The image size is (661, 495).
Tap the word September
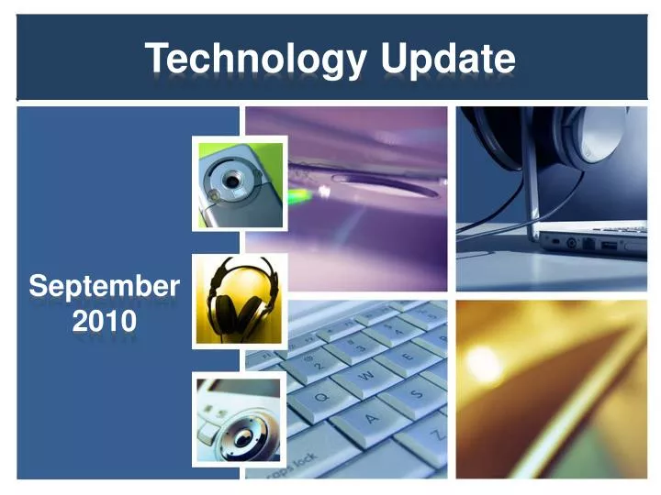click(104, 287)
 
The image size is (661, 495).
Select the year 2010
click(104, 321)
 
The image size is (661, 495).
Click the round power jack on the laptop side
click(573, 244)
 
